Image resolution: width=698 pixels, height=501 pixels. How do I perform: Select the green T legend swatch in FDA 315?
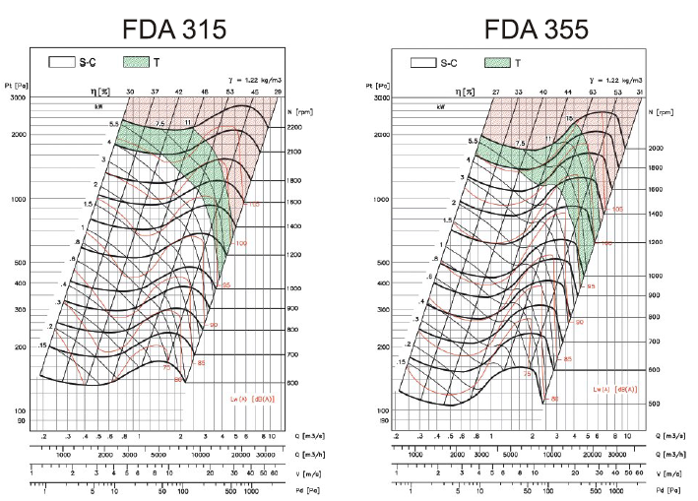136,62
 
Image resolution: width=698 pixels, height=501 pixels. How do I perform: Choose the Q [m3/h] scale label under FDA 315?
327,455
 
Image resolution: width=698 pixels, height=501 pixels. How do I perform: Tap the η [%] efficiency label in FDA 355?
460,92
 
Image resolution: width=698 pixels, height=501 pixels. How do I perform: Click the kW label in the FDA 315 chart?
98,105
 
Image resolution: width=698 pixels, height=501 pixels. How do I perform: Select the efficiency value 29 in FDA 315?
279,91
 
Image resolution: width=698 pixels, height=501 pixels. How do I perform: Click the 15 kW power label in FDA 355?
568,118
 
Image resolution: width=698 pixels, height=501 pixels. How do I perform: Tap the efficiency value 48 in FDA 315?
205,91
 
